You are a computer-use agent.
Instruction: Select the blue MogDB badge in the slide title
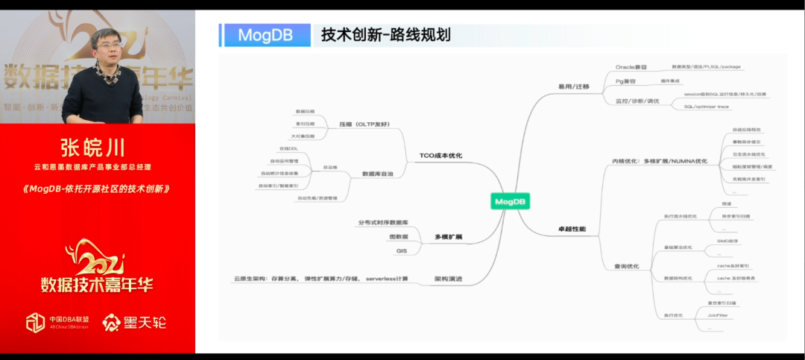(x=265, y=35)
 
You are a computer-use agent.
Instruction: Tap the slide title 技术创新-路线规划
(x=385, y=35)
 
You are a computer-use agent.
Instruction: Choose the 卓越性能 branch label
(x=572, y=228)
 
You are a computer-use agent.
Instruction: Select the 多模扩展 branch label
(x=449, y=237)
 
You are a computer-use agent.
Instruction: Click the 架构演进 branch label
(x=449, y=280)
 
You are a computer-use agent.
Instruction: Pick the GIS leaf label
(x=401, y=251)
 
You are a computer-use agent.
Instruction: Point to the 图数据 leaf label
(x=399, y=236)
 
